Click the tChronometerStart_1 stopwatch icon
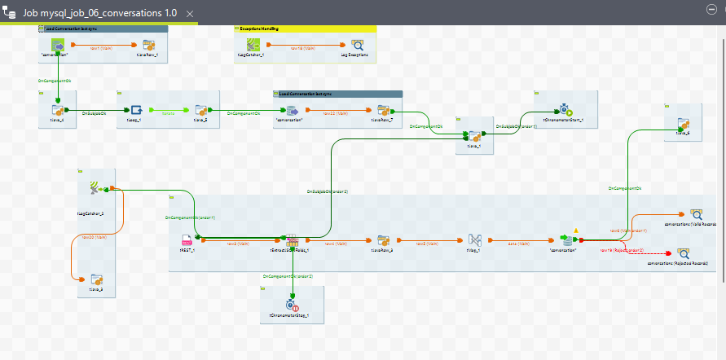[x=564, y=109]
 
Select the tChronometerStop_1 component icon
[x=293, y=305]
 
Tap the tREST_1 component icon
[x=187, y=241]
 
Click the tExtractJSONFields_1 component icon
[x=293, y=241]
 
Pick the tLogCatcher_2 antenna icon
[x=95, y=188]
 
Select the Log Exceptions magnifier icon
[x=357, y=46]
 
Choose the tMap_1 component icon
[x=476, y=241]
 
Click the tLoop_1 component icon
[x=136, y=110]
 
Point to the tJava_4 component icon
[x=58, y=110]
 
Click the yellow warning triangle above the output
[x=576, y=230]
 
